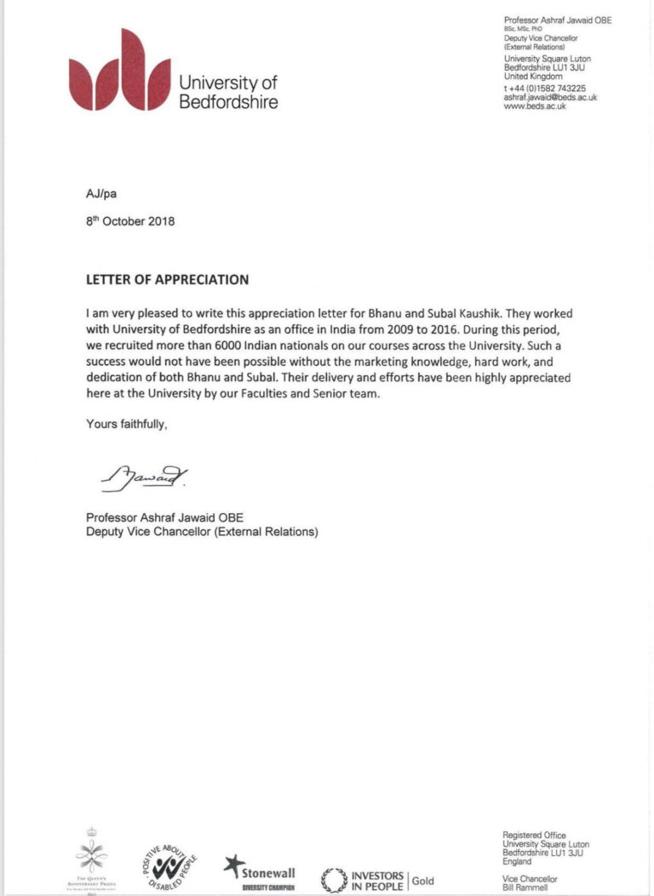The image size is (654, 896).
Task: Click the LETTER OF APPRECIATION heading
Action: (x=168, y=279)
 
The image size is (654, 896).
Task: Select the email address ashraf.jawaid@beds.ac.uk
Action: (x=550, y=98)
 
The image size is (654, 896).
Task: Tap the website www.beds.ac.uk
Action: (x=535, y=106)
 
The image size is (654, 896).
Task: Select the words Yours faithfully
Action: (x=127, y=423)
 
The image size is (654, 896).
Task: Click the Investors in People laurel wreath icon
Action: (x=333, y=880)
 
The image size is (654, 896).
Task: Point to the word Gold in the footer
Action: (x=423, y=880)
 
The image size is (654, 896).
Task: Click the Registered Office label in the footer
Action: (x=534, y=836)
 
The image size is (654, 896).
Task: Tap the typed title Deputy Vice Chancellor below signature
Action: (x=202, y=533)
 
